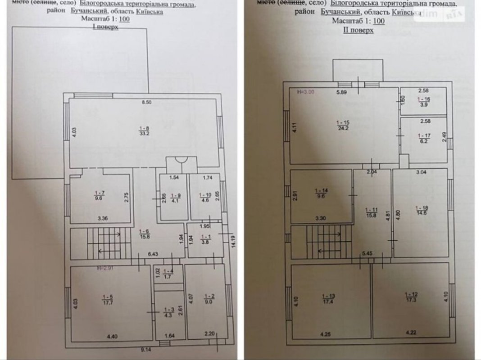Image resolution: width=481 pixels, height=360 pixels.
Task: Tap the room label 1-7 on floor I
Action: (98, 197)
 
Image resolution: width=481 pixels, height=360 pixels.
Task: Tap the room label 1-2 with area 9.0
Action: (209, 299)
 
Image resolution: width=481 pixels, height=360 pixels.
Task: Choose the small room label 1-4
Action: (168, 274)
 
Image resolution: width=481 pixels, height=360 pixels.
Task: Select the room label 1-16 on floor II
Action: (423, 101)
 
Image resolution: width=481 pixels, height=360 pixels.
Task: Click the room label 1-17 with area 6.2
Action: (423, 138)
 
